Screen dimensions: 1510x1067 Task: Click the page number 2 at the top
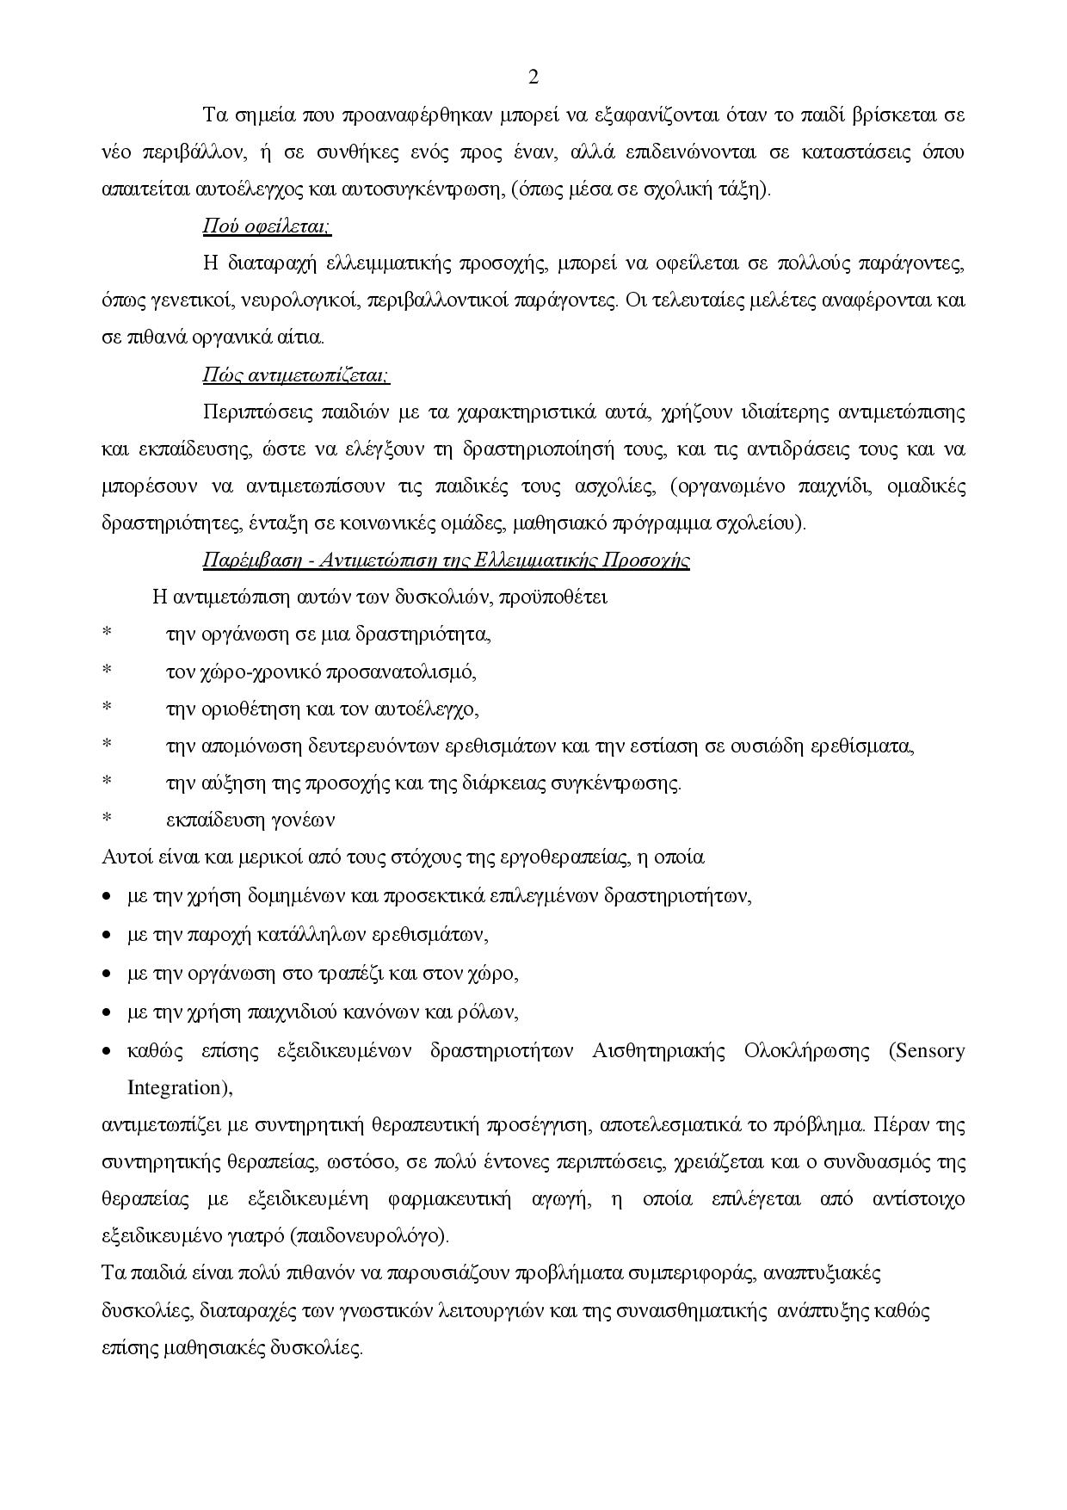(x=533, y=77)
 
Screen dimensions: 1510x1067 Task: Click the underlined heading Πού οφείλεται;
(x=267, y=226)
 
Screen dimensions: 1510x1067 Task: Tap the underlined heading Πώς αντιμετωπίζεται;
(x=295, y=375)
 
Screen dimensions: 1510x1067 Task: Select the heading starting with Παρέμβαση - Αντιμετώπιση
(x=446, y=560)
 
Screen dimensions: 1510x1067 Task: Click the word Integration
(x=179, y=1087)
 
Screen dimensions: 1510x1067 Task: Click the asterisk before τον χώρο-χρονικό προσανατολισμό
(x=107, y=672)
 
